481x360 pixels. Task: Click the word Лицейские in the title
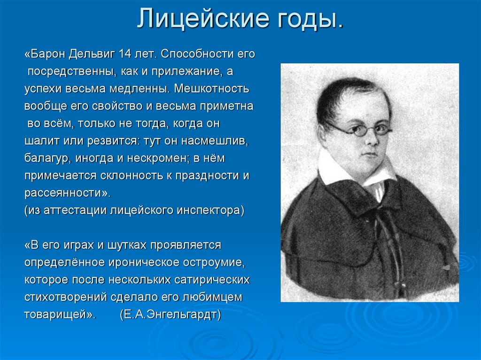(198, 19)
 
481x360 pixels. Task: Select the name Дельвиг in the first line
(92, 54)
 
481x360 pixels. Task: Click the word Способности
(197, 54)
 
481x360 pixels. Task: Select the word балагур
(47, 158)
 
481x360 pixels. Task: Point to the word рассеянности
(66, 193)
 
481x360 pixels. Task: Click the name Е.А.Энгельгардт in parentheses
(171, 314)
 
